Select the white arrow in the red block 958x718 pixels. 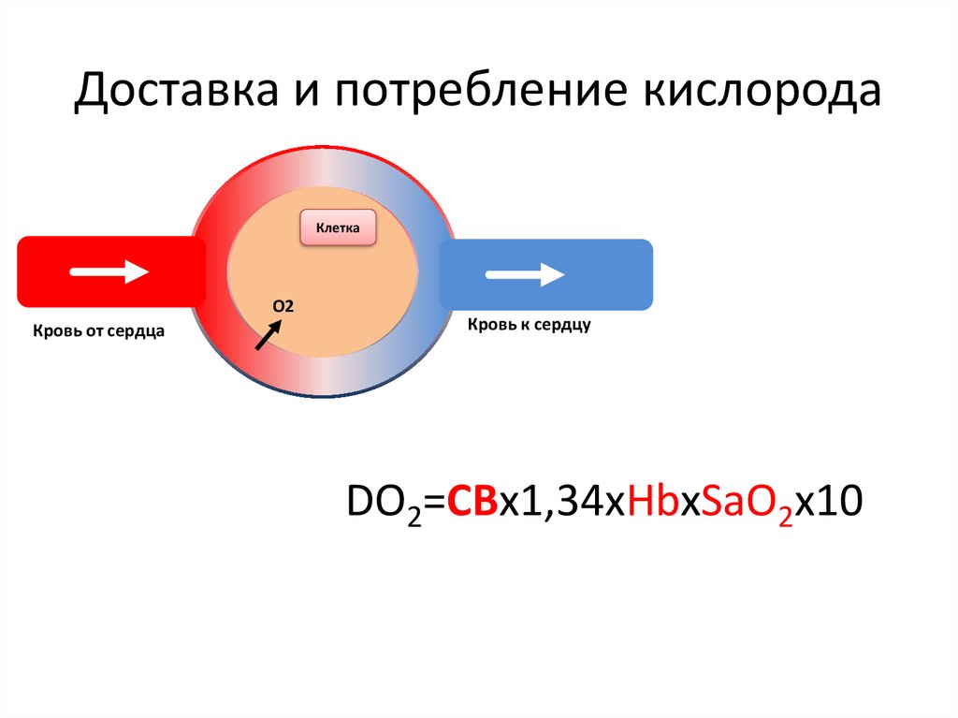[110, 272]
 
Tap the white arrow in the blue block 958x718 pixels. [525, 275]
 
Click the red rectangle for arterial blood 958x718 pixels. [56, 272]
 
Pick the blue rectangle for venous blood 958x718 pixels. [617, 274]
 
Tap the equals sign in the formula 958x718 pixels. [435, 502]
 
